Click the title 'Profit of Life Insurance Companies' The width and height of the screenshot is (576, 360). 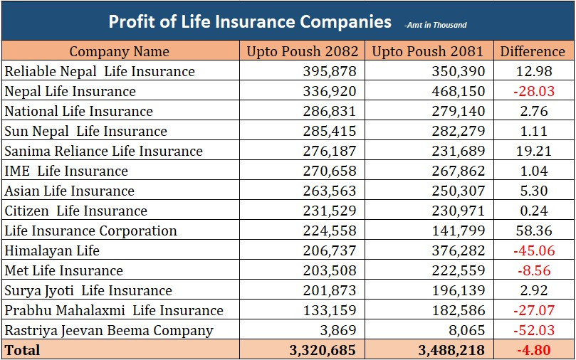(250, 22)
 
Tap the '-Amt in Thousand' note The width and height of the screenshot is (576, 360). (435, 25)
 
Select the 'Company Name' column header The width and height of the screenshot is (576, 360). (120, 51)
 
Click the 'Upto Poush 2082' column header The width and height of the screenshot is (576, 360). (301, 51)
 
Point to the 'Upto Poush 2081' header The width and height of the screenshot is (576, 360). (428, 51)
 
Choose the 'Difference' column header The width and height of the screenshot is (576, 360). (533, 51)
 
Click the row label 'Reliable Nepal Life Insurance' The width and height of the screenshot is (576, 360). (100, 71)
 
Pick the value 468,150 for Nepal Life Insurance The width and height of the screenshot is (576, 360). (458, 91)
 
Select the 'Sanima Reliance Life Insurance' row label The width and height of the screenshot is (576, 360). (104, 151)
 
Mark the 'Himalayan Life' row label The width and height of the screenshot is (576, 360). (52, 250)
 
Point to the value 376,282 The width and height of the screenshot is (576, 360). (458, 250)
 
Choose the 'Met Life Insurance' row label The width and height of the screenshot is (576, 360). (64, 270)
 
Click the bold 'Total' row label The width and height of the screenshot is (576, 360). (23, 350)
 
